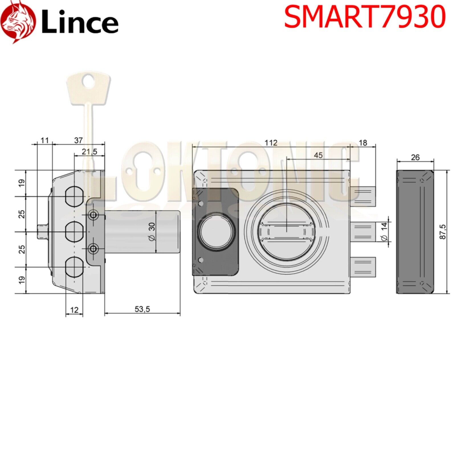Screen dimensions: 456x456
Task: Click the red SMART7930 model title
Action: [365, 17]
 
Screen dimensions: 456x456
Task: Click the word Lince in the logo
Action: [80, 23]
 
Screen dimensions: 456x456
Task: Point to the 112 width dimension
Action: [271, 143]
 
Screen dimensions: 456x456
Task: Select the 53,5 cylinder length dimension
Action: [142, 309]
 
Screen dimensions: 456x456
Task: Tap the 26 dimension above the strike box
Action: [415, 157]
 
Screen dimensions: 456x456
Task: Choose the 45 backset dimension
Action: [318, 155]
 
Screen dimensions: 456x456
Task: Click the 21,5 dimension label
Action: [89, 152]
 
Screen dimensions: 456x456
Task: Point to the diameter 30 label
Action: [152, 231]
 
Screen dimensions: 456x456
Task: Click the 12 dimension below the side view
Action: [74, 310]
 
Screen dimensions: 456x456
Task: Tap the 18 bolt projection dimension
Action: [363, 143]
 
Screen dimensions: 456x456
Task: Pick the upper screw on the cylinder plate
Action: [93, 215]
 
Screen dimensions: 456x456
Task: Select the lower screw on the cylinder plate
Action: [93, 249]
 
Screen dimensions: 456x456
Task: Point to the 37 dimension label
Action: [78, 140]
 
